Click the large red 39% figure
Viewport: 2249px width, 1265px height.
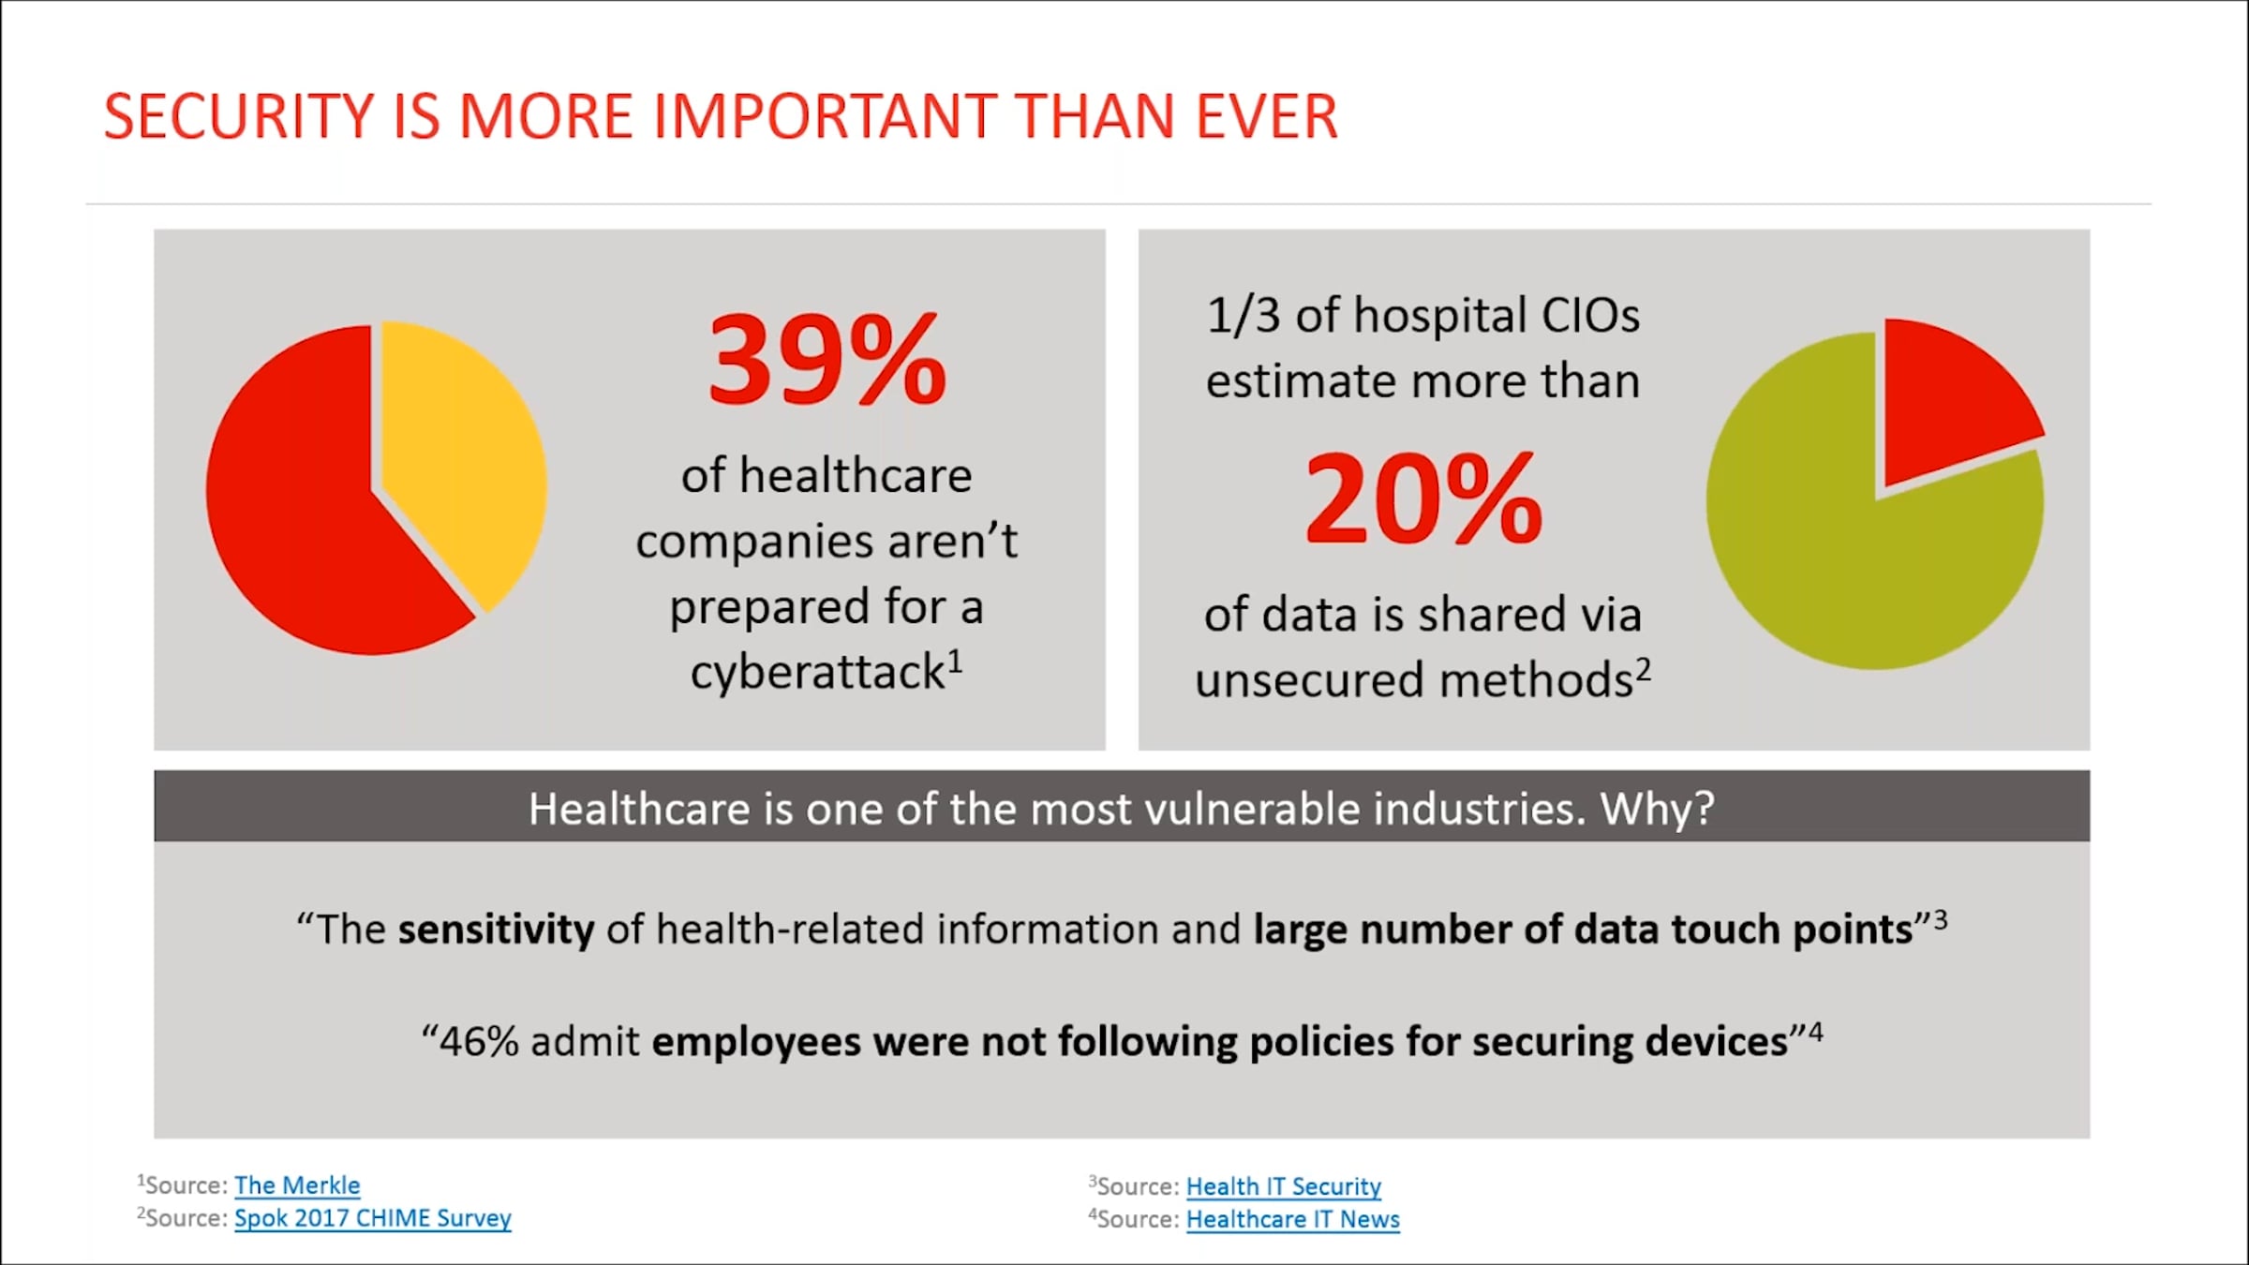pyautogui.click(x=827, y=361)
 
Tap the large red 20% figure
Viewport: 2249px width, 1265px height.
pyautogui.click(x=1422, y=499)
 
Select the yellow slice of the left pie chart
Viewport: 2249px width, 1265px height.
pyautogui.click(x=459, y=459)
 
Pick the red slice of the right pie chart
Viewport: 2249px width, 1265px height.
pyautogui.click(x=1949, y=403)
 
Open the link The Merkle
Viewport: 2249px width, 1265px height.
pyautogui.click(x=297, y=1185)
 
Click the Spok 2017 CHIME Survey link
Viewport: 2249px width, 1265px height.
pyautogui.click(x=373, y=1218)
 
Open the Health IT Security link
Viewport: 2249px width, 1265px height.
pyautogui.click(x=1283, y=1186)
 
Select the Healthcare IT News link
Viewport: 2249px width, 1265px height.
pyautogui.click(x=1292, y=1219)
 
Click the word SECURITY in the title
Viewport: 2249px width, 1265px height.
pyautogui.click(x=239, y=117)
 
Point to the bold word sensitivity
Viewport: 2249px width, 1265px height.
pyautogui.click(x=496, y=930)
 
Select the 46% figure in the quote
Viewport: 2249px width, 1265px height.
pyautogui.click(x=479, y=1042)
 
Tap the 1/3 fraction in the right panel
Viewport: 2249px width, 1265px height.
pyautogui.click(x=1243, y=315)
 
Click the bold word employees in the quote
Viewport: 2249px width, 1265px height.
pyautogui.click(x=756, y=1042)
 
